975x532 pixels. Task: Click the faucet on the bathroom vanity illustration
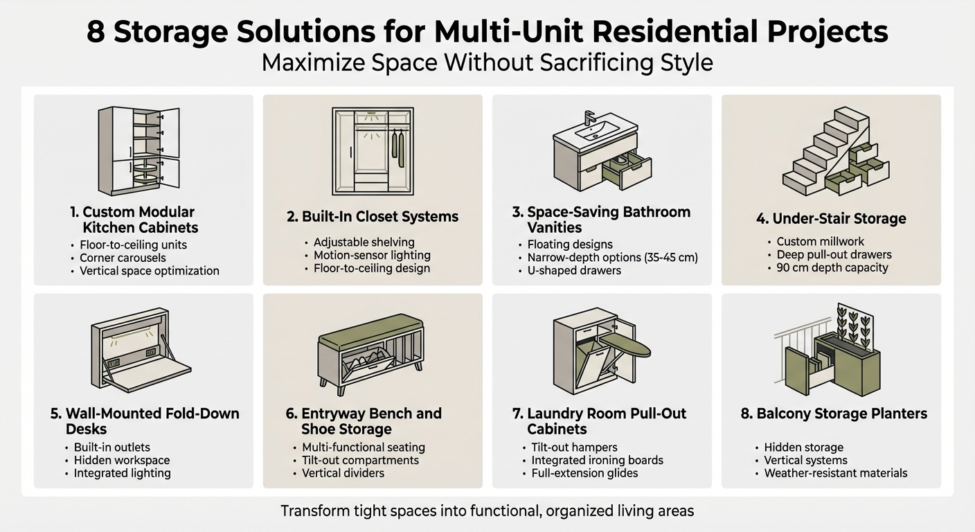click(590, 118)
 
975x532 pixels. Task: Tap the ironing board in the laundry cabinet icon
click(627, 344)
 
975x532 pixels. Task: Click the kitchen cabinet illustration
click(138, 150)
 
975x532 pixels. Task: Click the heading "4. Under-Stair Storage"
click(831, 219)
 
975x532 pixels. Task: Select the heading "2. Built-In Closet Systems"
click(373, 216)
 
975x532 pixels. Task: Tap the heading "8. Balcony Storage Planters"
click(834, 414)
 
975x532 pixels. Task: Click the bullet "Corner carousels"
click(123, 258)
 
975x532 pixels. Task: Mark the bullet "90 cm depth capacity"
click(832, 267)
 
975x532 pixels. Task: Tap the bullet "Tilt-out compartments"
click(360, 460)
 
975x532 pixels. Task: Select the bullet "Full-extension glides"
click(584, 473)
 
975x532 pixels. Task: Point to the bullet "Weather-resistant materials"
click(836, 473)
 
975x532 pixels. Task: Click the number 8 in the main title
click(96, 33)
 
